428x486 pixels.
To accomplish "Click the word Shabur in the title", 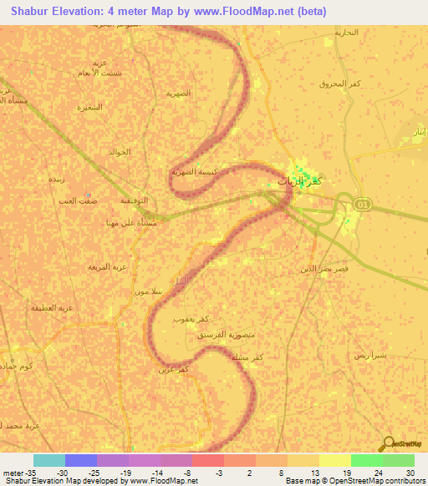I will point(35,11).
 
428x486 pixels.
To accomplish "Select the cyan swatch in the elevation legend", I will point(48,460).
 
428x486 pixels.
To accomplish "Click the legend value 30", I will point(410,473).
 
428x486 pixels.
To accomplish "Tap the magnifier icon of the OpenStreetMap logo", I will point(387,444).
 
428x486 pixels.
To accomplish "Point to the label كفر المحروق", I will point(339,84).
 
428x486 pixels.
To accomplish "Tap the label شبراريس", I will point(369,355).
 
